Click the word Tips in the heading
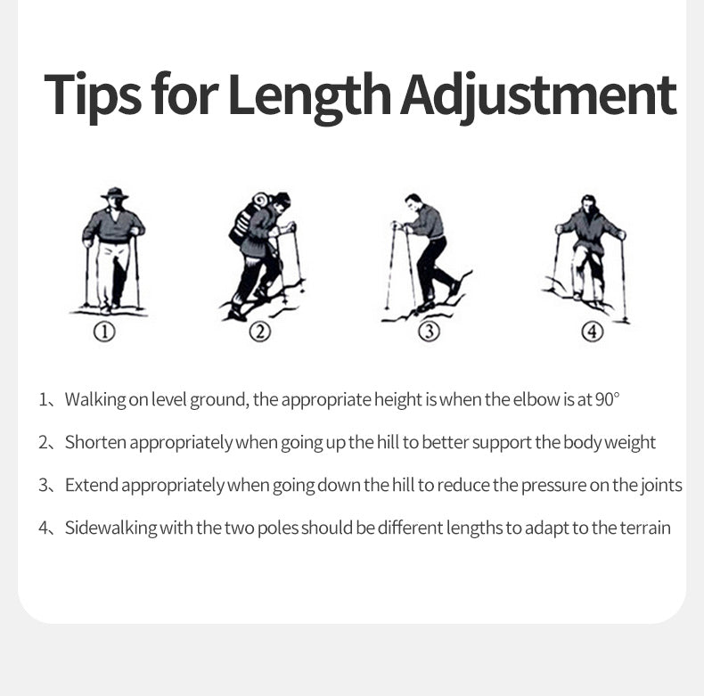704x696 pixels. (x=93, y=95)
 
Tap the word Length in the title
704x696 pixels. (x=309, y=96)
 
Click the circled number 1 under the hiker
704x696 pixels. (x=104, y=332)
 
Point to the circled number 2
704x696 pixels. (x=260, y=332)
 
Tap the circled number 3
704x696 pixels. (x=429, y=332)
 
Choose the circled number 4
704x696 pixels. (x=593, y=332)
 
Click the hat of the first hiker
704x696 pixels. (x=115, y=193)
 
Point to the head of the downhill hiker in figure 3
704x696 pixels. (x=413, y=202)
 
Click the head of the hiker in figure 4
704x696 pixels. (x=588, y=203)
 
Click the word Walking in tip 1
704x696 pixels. (x=95, y=399)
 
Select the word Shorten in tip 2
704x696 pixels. (x=95, y=442)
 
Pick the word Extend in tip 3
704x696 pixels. (x=92, y=485)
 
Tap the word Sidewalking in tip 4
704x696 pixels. (x=111, y=528)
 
